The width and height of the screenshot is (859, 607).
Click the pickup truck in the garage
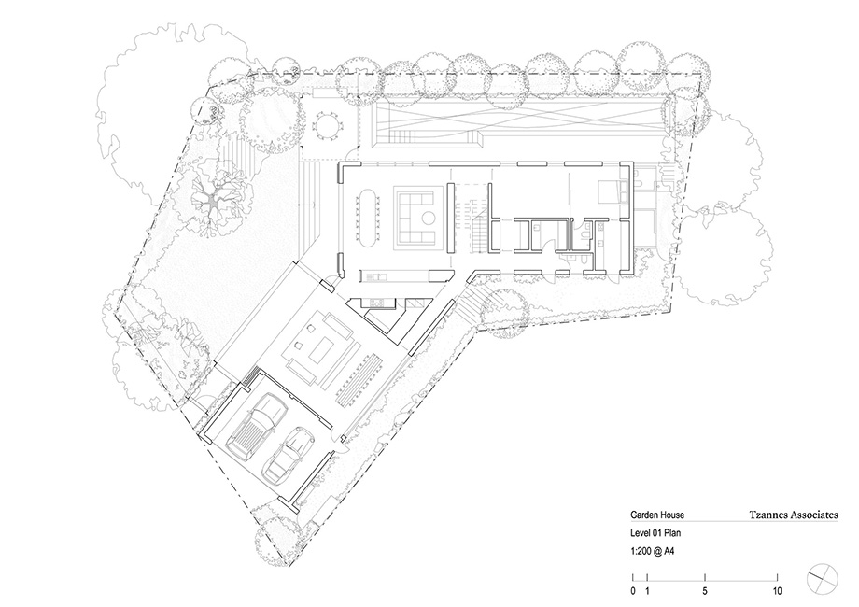tap(256, 426)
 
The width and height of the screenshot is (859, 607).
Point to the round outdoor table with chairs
tap(327, 125)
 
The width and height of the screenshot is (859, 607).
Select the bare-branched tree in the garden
tap(214, 201)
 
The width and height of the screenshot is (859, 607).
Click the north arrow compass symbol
tap(823, 579)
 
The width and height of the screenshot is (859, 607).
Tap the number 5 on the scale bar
tap(705, 591)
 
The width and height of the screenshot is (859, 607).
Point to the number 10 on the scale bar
tap(777, 591)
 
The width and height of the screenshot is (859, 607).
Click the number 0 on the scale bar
tap(633, 591)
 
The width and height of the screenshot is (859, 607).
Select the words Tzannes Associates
tap(794, 515)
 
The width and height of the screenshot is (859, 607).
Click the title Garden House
tap(656, 515)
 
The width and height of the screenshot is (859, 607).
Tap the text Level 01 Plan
tap(655, 533)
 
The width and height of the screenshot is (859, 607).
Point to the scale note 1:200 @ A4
tap(652, 551)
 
